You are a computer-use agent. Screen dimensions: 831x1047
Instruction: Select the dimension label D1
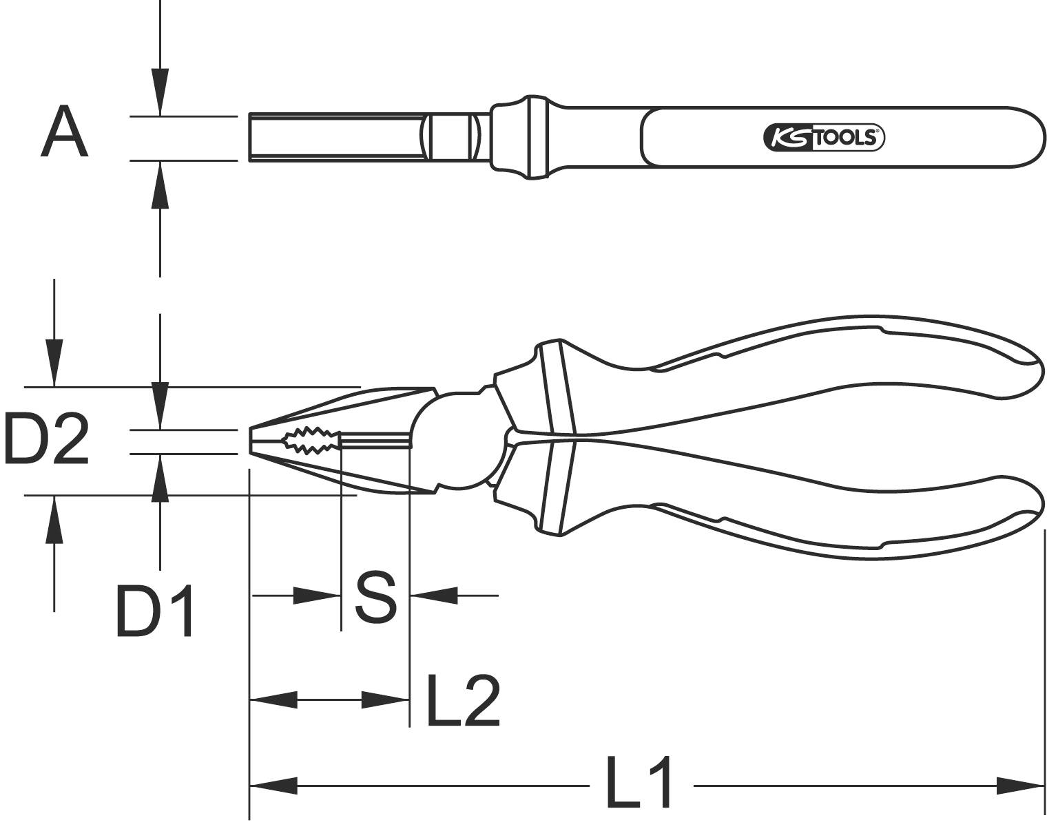[156, 611]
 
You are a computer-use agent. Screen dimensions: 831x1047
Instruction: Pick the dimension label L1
[639, 783]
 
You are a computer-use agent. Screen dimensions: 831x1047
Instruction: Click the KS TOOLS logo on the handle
[823, 138]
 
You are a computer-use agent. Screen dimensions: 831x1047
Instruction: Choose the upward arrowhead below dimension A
[160, 185]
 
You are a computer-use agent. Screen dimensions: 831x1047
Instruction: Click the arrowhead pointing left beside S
[434, 596]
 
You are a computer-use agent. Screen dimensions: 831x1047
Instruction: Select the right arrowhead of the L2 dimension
[386, 701]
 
